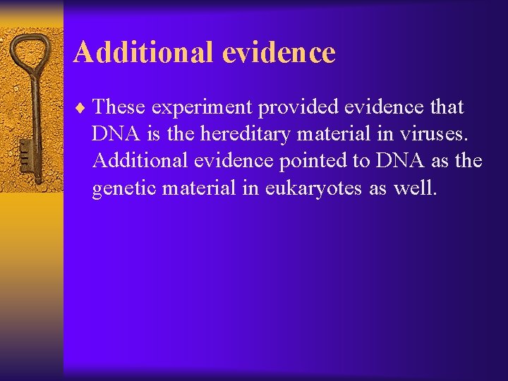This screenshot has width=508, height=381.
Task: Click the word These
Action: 119,107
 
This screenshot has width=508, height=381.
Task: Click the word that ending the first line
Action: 444,107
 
